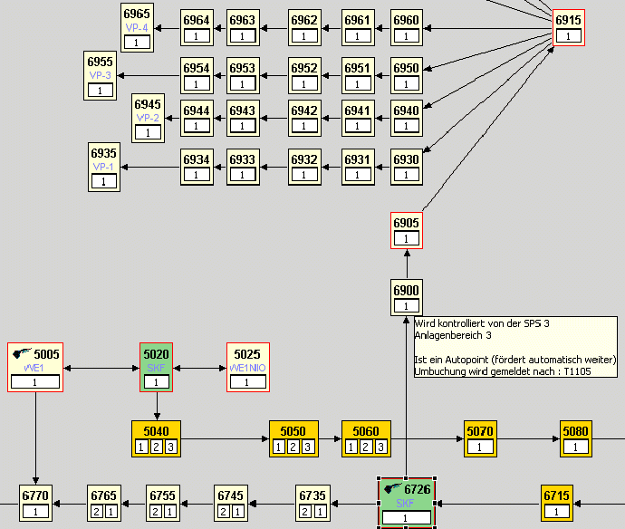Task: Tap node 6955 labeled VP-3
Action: coord(101,75)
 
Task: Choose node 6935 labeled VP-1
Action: coord(104,167)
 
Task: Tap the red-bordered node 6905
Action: coord(407,230)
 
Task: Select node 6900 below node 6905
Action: coord(407,297)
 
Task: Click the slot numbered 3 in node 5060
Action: coord(380,447)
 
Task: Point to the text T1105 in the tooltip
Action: coord(599,371)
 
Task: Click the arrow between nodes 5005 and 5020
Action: coord(101,368)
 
